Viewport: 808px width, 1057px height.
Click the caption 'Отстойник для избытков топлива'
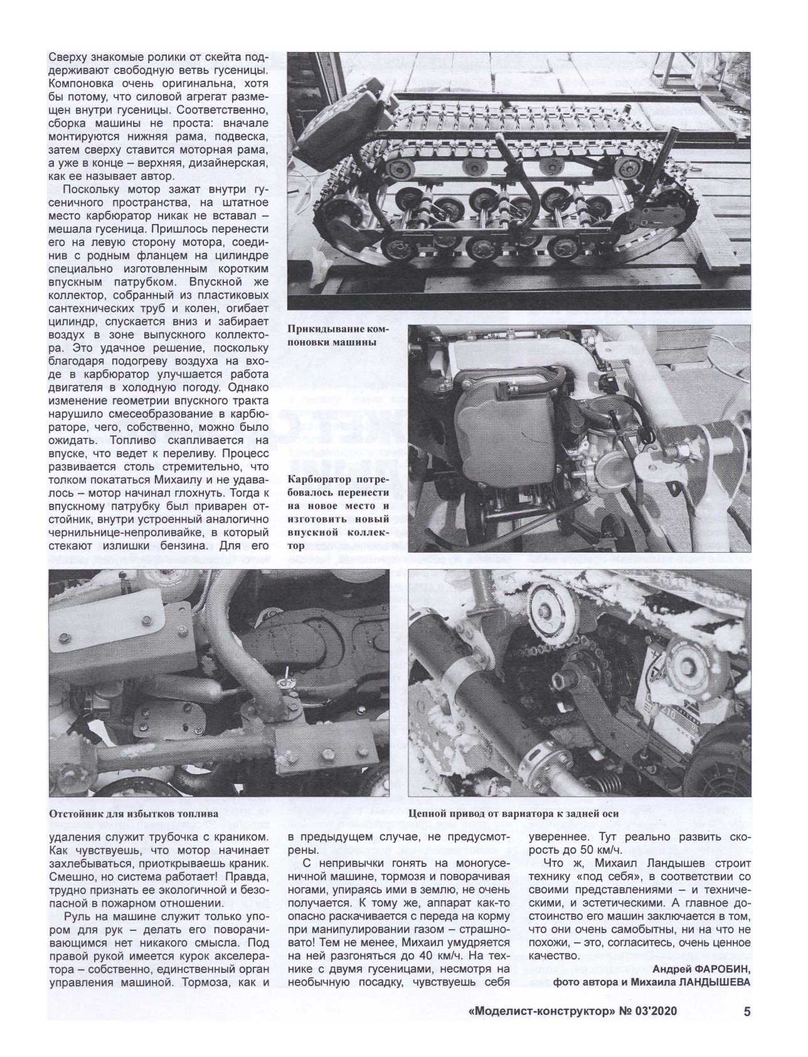[132, 814]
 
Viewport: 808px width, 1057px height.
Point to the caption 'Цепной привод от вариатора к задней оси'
[513, 814]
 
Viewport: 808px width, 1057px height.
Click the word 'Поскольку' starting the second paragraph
[90, 189]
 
